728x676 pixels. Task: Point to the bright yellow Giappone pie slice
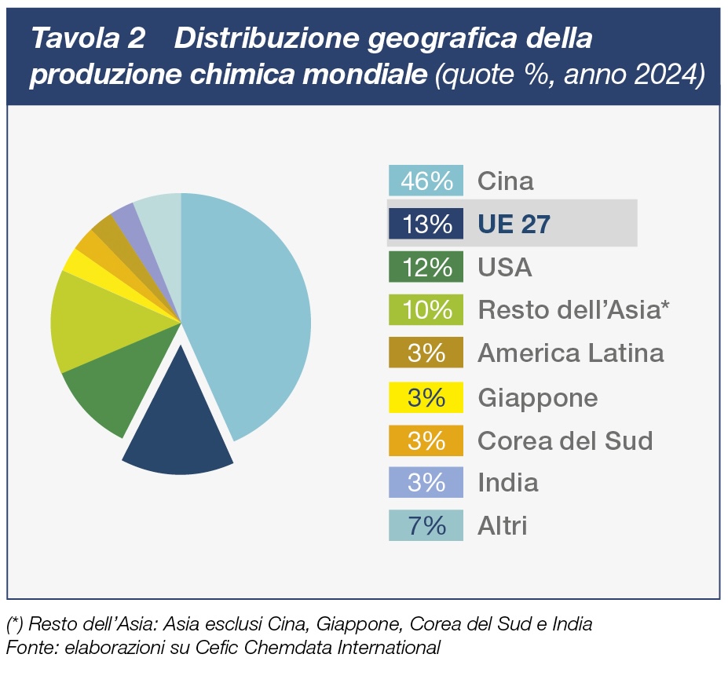79,263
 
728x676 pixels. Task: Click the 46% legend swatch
426,181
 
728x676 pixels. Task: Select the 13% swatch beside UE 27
426,224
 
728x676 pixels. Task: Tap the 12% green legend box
426,267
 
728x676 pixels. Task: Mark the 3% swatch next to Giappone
426,397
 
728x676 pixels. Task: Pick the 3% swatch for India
426,482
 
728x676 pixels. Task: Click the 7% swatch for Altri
426,525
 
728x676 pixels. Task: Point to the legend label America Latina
571,353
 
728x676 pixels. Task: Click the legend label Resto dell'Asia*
573,310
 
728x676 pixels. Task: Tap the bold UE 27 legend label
514,225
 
